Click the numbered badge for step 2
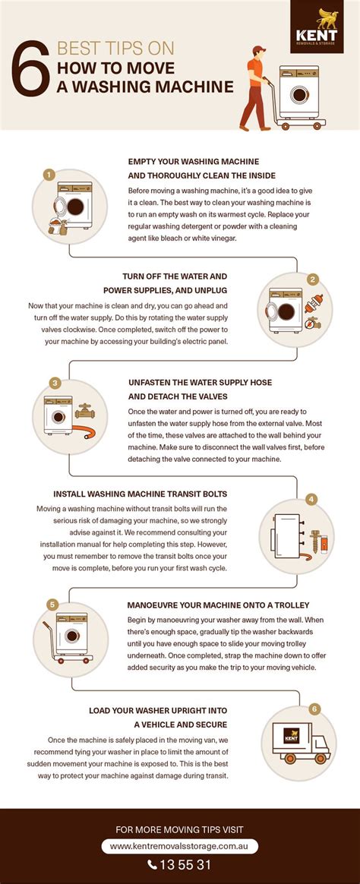[x=311, y=279]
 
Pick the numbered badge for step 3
[x=55, y=383]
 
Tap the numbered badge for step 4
[x=311, y=499]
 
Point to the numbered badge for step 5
[x=52, y=605]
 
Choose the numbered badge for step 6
[x=313, y=709]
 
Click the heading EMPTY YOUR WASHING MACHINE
[x=194, y=162]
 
